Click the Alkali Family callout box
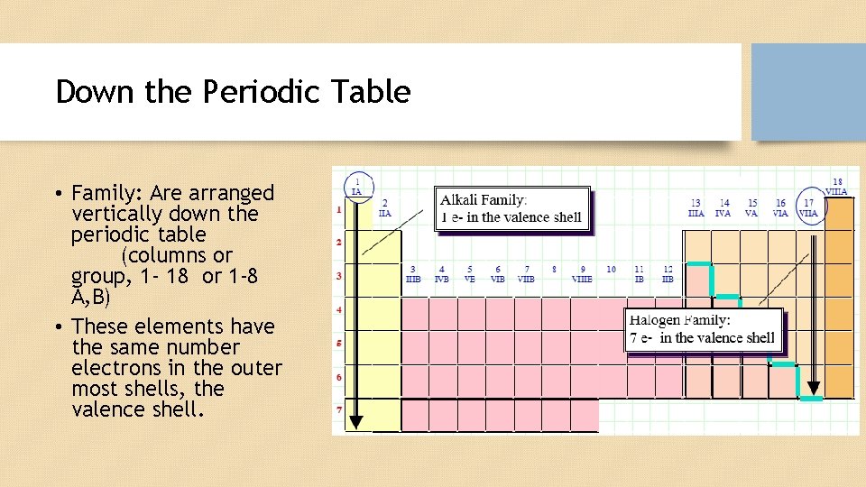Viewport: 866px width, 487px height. (513, 210)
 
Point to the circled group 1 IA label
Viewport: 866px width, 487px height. (357, 186)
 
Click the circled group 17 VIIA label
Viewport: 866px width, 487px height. (809, 208)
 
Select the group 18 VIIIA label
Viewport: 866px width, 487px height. (837, 187)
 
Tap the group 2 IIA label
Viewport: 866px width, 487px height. (385, 208)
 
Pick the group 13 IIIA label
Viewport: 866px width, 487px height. (696, 208)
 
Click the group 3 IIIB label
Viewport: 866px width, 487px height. (413, 274)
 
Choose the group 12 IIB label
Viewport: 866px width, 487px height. (668, 274)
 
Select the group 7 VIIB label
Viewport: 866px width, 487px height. (527, 274)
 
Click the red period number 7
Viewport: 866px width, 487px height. (340, 411)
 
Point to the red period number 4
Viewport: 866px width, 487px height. (340, 310)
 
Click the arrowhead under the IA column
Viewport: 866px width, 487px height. (356, 420)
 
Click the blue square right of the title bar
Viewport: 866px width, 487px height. (808, 92)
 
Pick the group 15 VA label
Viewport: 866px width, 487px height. (751, 208)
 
